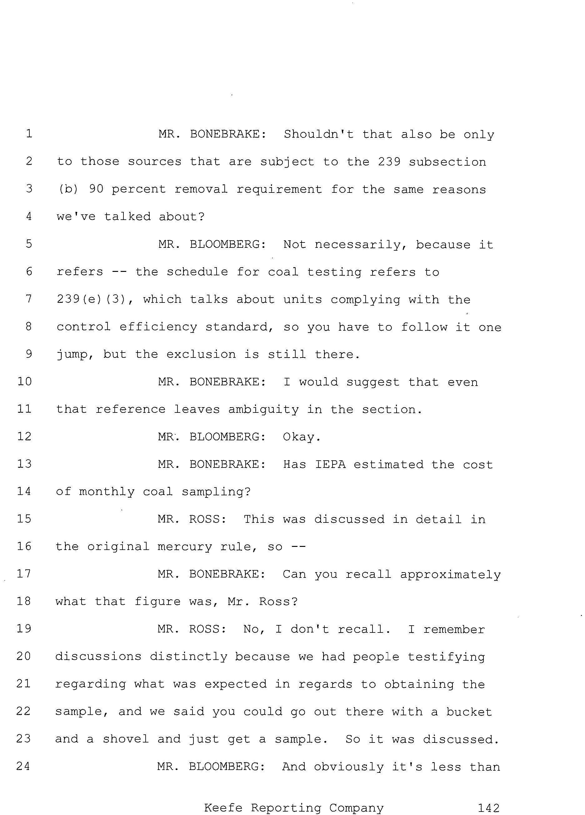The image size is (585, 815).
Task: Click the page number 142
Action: [x=488, y=808]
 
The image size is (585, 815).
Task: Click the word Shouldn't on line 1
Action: [x=319, y=134]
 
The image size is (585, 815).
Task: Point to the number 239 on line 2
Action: [x=389, y=162]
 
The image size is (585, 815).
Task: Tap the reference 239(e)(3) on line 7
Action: [x=95, y=299]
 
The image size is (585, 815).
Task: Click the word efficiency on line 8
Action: [x=158, y=327]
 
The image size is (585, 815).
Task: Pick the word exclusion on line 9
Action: [x=201, y=354]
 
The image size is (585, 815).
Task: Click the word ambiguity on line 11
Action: [x=263, y=410]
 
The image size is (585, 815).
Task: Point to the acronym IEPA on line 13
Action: [x=330, y=464]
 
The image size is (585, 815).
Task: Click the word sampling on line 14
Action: [x=216, y=492]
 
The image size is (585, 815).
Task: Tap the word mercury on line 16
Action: [x=185, y=547]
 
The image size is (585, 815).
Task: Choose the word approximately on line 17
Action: [x=451, y=575]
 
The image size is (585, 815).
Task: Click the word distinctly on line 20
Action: [x=189, y=657]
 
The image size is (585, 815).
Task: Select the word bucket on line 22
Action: [x=469, y=712]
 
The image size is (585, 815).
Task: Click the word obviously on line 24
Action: [x=348, y=767]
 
